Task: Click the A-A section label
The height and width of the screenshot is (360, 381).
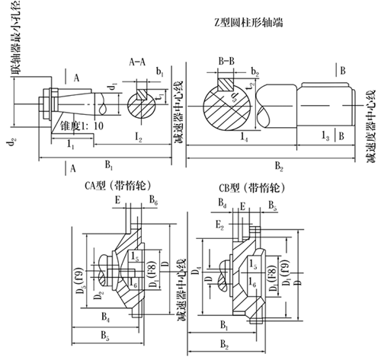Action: click(138, 59)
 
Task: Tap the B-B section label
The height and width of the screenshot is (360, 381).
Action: click(226, 59)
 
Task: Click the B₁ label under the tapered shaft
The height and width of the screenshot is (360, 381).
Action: click(110, 164)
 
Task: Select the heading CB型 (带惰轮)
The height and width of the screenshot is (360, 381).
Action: click(250, 186)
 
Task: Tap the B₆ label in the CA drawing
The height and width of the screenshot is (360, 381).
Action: click(153, 202)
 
